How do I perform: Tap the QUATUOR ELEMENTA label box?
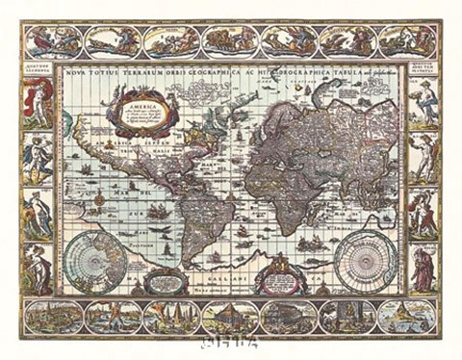pos(38,68)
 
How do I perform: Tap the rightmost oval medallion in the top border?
pos(405,41)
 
